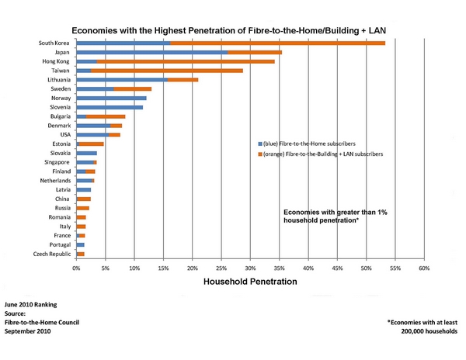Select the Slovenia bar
point(110,108)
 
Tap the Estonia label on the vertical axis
point(62,144)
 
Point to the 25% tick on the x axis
point(221,268)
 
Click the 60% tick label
point(424,268)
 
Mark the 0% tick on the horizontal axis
point(76,268)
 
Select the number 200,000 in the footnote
point(420,331)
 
